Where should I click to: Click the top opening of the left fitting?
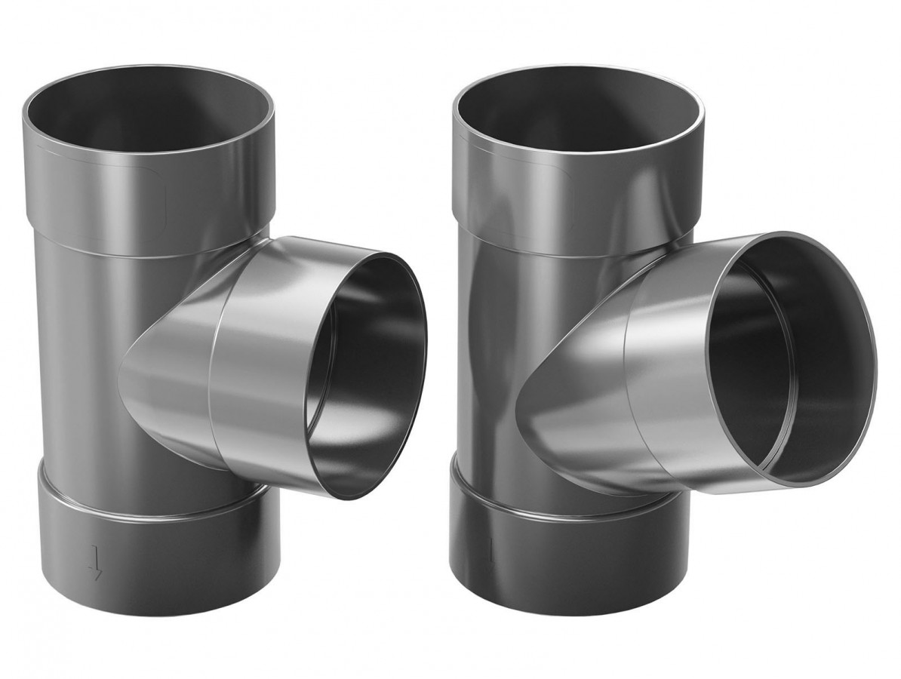[151, 113]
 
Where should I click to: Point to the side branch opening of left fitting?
[370, 377]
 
